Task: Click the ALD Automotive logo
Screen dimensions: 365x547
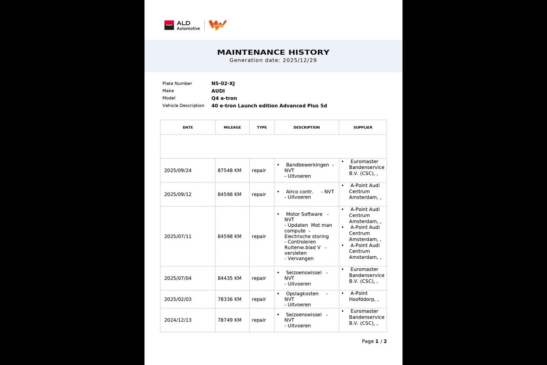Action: tap(182, 25)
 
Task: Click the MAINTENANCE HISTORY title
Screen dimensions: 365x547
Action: tap(273, 52)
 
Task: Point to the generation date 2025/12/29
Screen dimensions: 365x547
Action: tap(299, 60)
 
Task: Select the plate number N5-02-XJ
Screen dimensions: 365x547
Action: tap(223, 83)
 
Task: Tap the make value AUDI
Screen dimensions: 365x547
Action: tap(218, 91)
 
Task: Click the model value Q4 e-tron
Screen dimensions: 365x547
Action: tap(224, 98)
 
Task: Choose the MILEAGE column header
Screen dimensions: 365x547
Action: tap(232, 127)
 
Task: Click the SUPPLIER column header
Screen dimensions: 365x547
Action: tap(362, 127)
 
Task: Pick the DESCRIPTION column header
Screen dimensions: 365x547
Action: tap(306, 127)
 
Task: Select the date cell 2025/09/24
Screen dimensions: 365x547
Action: tap(178, 171)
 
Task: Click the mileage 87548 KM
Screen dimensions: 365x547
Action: tap(229, 171)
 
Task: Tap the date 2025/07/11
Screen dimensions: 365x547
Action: tap(178, 236)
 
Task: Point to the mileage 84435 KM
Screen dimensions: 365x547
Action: tap(229, 278)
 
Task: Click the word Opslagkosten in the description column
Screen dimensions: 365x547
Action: tap(302, 294)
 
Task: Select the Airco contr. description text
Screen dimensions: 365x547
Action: tap(299, 192)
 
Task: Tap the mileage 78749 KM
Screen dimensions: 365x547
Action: tap(229, 320)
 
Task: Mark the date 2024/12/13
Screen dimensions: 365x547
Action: tap(178, 320)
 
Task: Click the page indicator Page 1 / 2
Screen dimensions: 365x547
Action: tap(374, 341)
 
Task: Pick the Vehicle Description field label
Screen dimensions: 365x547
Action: tap(183, 105)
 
